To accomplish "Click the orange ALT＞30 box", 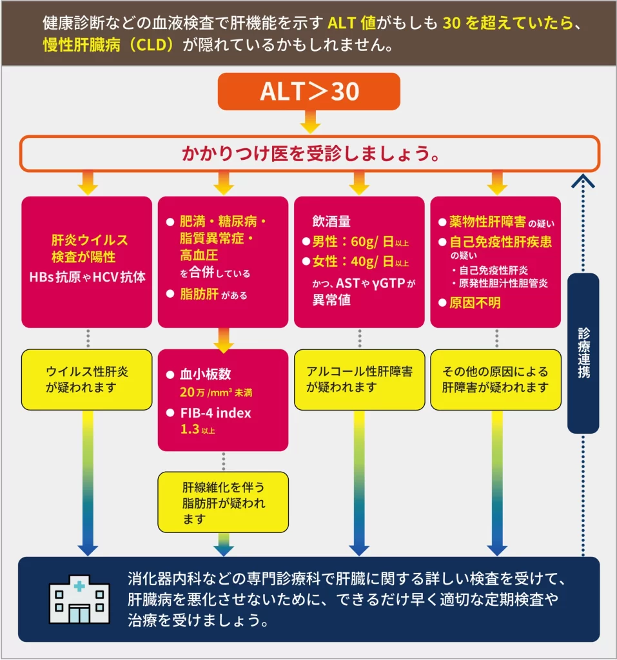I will click(309, 92).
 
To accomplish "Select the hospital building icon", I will click(79, 599).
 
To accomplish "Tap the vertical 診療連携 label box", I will click(583, 353).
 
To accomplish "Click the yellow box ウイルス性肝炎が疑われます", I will click(87, 379).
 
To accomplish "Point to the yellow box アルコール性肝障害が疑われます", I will click(359, 379).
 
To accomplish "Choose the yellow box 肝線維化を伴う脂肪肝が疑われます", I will click(223, 502).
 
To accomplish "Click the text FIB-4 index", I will click(215, 413).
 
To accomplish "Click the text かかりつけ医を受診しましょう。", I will click(310, 155).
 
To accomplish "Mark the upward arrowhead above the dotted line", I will click(583, 181).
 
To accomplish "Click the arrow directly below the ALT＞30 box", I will click(309, 121).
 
